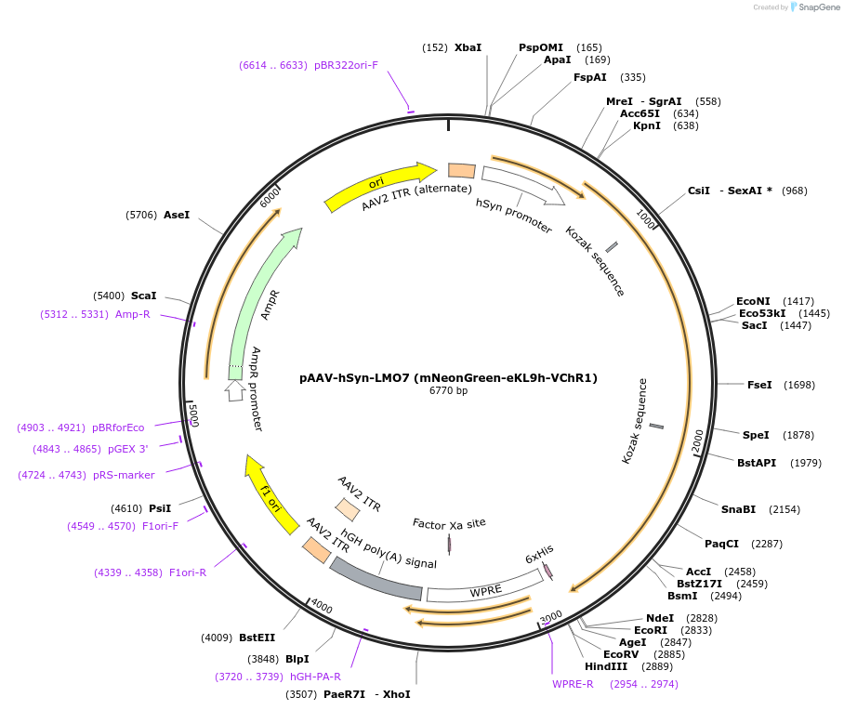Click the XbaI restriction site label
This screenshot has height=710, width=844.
468,47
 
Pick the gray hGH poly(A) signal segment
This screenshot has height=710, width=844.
376,578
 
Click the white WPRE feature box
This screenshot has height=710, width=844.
483,589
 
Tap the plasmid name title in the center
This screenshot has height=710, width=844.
448,378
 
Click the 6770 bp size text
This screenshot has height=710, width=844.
448,391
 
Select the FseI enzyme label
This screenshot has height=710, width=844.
759,385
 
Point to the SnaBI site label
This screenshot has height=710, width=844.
738,509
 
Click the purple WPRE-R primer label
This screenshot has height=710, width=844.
573,684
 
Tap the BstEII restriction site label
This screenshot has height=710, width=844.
257,638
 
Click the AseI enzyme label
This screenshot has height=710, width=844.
177,215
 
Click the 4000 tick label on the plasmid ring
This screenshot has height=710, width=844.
322,607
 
